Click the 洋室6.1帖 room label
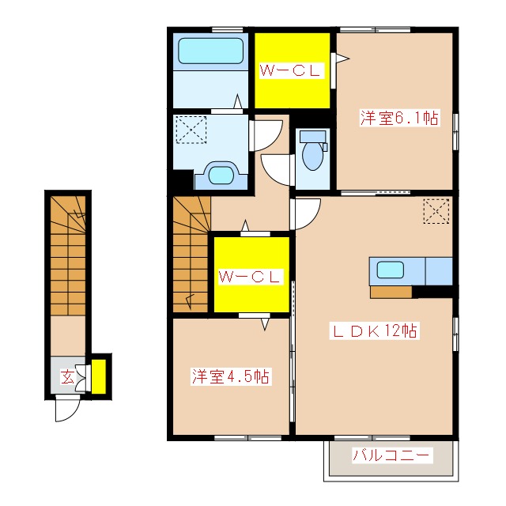point(399,119)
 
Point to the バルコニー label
point(391,455)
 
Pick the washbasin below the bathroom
point(221,174)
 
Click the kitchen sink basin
point(391,270)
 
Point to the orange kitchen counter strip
point(391,291)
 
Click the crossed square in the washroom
point(191,130)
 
